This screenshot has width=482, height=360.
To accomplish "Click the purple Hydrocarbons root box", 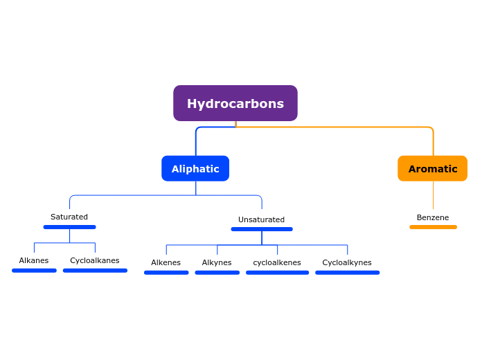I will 235,103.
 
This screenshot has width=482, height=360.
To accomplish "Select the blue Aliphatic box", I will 195,168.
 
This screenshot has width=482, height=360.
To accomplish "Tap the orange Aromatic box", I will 432,168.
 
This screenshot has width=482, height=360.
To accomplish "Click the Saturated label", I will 69,217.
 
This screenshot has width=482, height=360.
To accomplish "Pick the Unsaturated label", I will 261,219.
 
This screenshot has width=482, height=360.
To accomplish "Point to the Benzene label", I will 433,217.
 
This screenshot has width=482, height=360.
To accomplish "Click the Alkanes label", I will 34,261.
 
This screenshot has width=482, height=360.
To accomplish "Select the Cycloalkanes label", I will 95,261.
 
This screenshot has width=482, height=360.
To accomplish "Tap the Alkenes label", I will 166,262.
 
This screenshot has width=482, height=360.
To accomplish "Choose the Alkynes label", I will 217,262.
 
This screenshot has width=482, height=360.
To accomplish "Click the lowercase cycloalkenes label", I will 277,262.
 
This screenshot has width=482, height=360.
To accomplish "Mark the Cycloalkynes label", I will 347,262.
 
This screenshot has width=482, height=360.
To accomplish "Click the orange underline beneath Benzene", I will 433,227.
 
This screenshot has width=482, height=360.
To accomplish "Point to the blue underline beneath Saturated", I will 69,227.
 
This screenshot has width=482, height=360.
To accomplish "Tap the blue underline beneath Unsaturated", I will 262,229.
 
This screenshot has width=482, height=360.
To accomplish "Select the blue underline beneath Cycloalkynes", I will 347,273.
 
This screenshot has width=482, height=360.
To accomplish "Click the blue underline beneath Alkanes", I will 34,271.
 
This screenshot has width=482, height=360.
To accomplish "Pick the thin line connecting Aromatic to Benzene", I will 433,195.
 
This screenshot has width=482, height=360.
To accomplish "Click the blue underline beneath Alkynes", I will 217,273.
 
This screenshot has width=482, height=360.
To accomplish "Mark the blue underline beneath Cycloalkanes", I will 95,271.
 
